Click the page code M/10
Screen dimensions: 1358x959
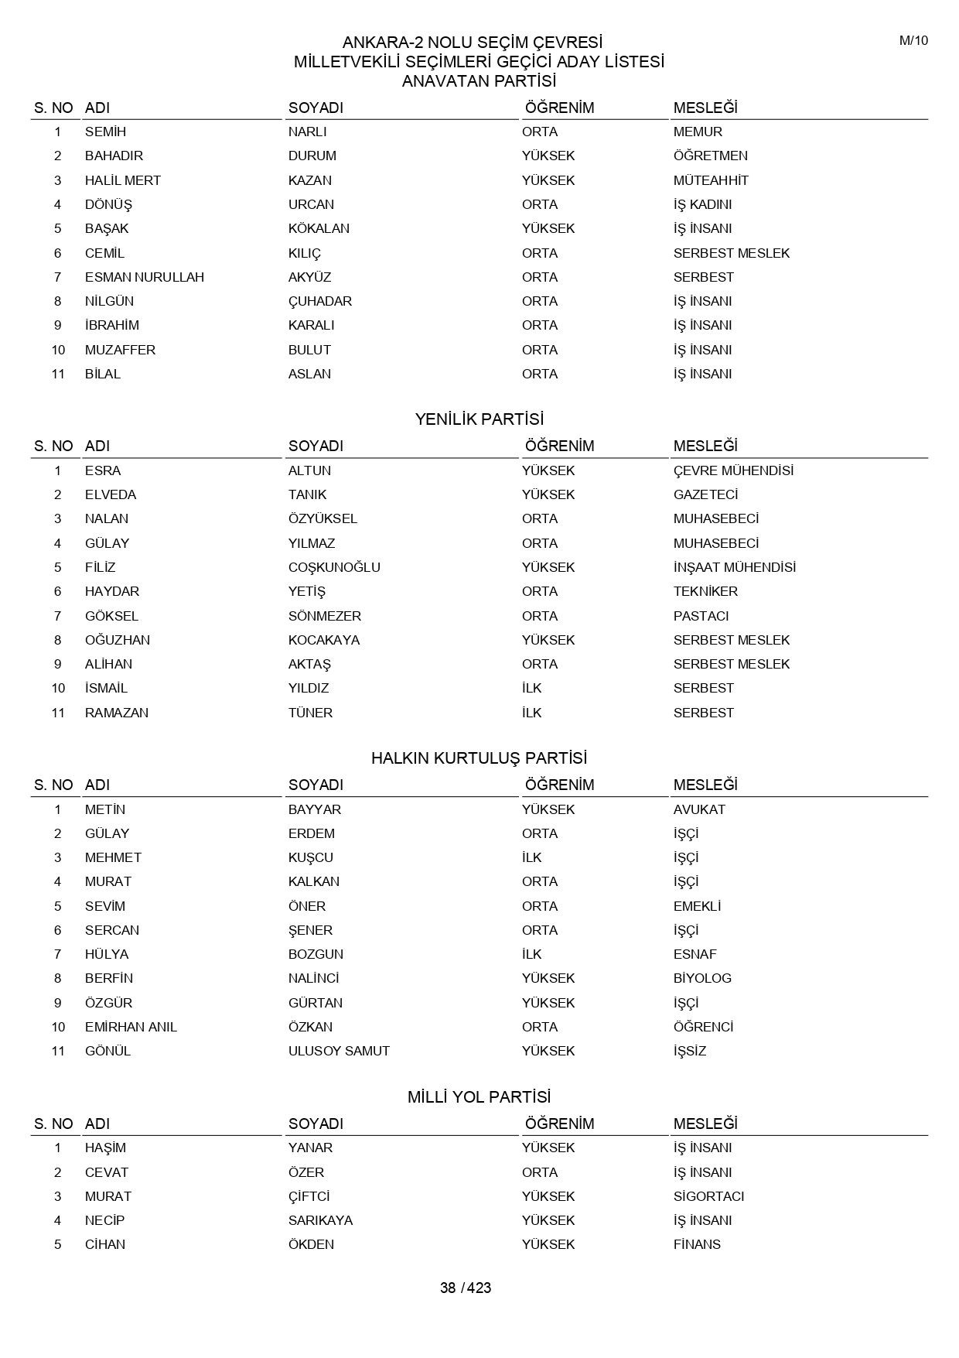click(x=913, y=41)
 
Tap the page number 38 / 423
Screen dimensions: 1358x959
click(x=466, y=1288)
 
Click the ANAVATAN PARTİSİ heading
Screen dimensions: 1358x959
click(x=479, y=81)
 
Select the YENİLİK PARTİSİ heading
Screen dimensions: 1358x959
click(x=479, y=419)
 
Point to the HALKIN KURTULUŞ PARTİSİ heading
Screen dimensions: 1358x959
click(x=479, y=758)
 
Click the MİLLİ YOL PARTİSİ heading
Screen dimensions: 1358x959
click(x=479, y=1096)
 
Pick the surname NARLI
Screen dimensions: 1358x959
click(x=307, y=132)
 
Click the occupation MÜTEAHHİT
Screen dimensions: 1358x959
click(x=711, y=180)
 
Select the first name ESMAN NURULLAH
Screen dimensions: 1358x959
click(x=145, y=277)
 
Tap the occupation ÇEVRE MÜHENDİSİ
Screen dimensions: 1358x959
click(x=733, y=470)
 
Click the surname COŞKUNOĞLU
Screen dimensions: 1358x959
click(x=334, y=567)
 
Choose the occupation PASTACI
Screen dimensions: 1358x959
click(x=701, y=616)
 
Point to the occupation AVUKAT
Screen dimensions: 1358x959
click(x=699, y=809)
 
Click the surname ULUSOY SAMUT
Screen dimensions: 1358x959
click(x=339, y=1051)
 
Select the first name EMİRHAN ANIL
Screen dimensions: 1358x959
click(x=131, y=1027)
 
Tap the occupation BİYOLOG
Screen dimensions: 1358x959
click(x=702, y=978)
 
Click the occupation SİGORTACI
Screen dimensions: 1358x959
click(x=708, y=1196)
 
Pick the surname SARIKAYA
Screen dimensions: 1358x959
click(x=320, y=1220)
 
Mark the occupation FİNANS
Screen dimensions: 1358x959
click(x=697, y=1244)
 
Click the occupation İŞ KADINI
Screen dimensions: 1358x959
click(x=702, y=204)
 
